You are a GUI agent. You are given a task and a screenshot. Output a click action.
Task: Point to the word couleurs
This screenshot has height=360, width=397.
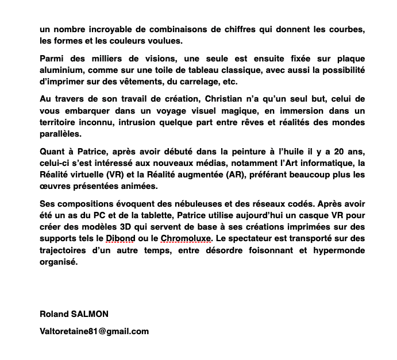pos(133,41)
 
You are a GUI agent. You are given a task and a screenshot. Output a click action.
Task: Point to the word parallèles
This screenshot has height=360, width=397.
pos(61,134)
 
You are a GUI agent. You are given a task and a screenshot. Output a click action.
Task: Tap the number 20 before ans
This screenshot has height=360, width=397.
pos(330,152)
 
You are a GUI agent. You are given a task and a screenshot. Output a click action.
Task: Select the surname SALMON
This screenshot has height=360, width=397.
pos(90,314)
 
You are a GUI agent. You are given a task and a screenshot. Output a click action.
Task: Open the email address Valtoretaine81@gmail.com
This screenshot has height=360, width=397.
pos(94,331)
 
